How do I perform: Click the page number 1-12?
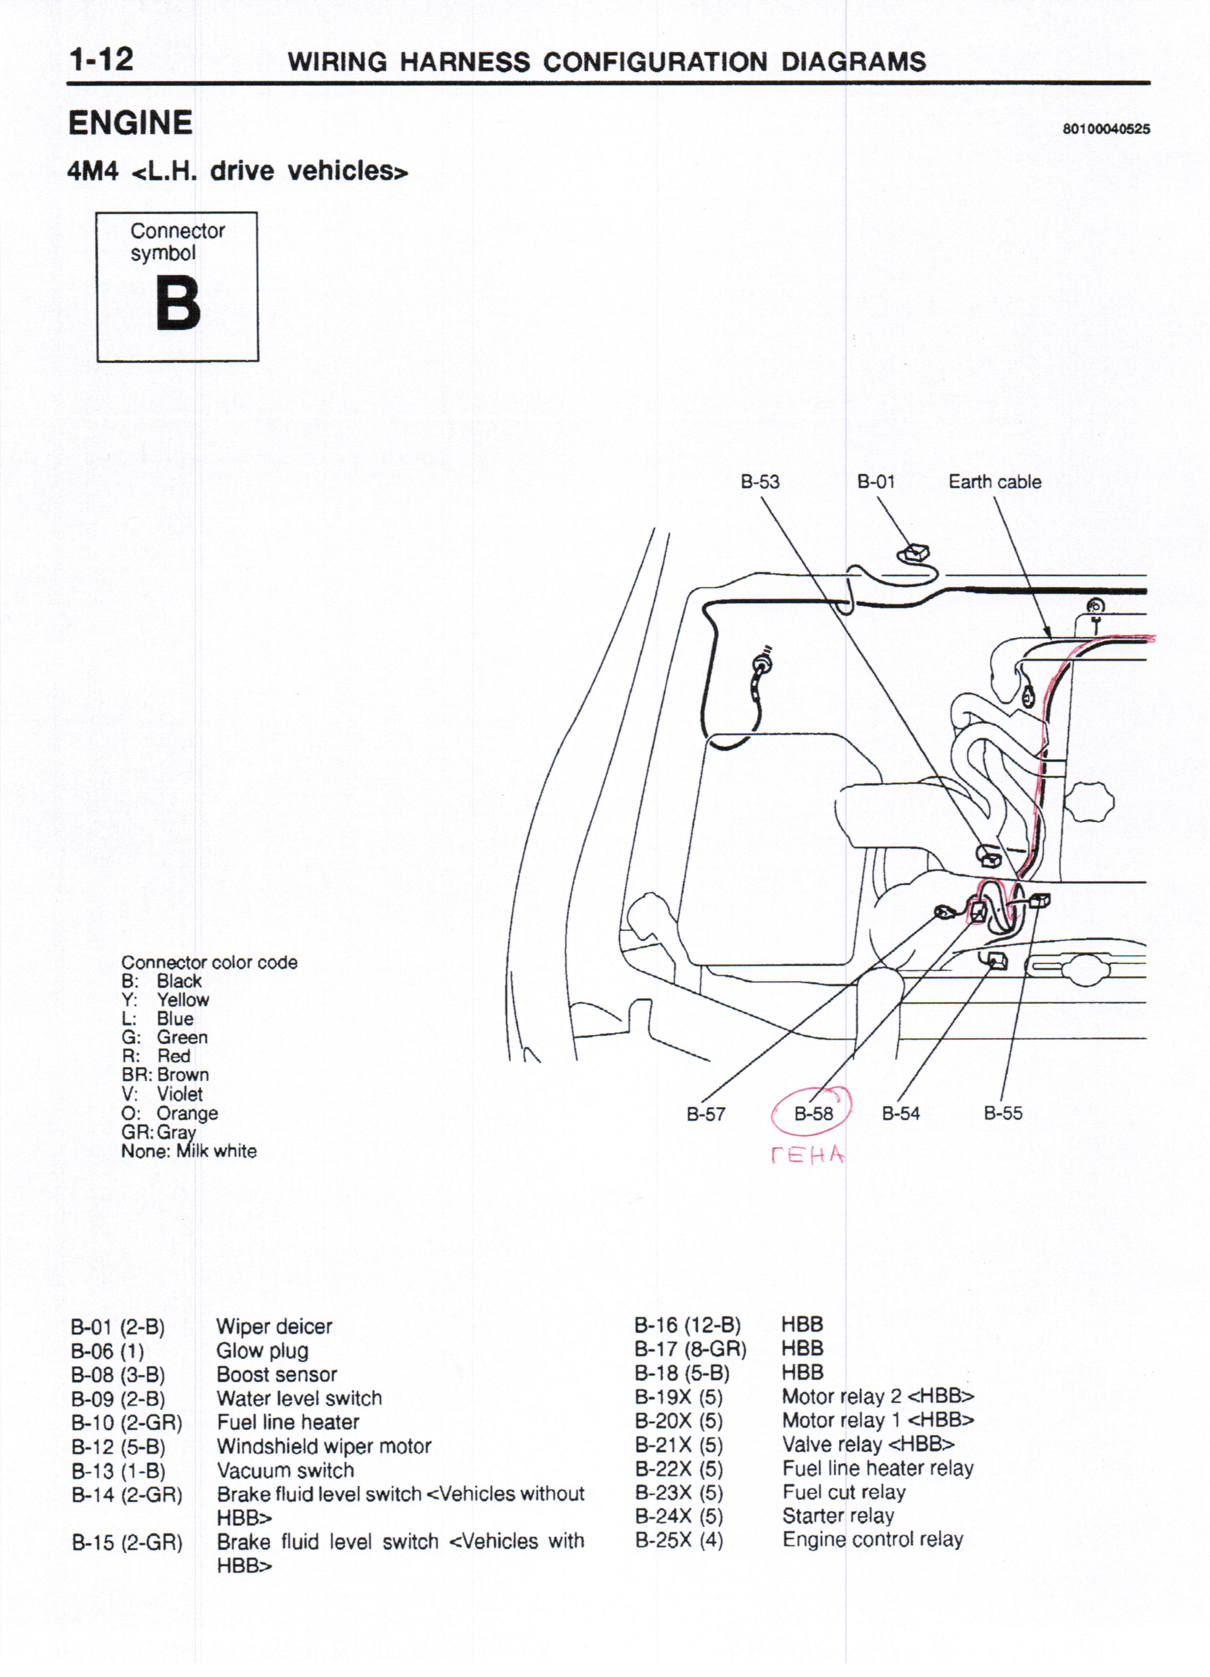coord(101,59)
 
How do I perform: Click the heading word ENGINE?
coord(130,123)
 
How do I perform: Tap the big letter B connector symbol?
coord(178,303)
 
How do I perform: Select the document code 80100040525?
coord(1106,129)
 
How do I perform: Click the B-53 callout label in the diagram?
coord(760,482)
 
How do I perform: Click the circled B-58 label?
coord(813,1113)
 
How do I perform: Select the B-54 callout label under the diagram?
coord(900,1113)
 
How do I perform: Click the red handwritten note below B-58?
coord(807,1155)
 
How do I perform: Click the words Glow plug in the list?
coord(262,1351)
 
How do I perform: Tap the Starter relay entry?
coord(838,1516)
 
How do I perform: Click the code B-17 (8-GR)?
coord(690,1350)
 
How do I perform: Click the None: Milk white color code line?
coord(189,1152)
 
